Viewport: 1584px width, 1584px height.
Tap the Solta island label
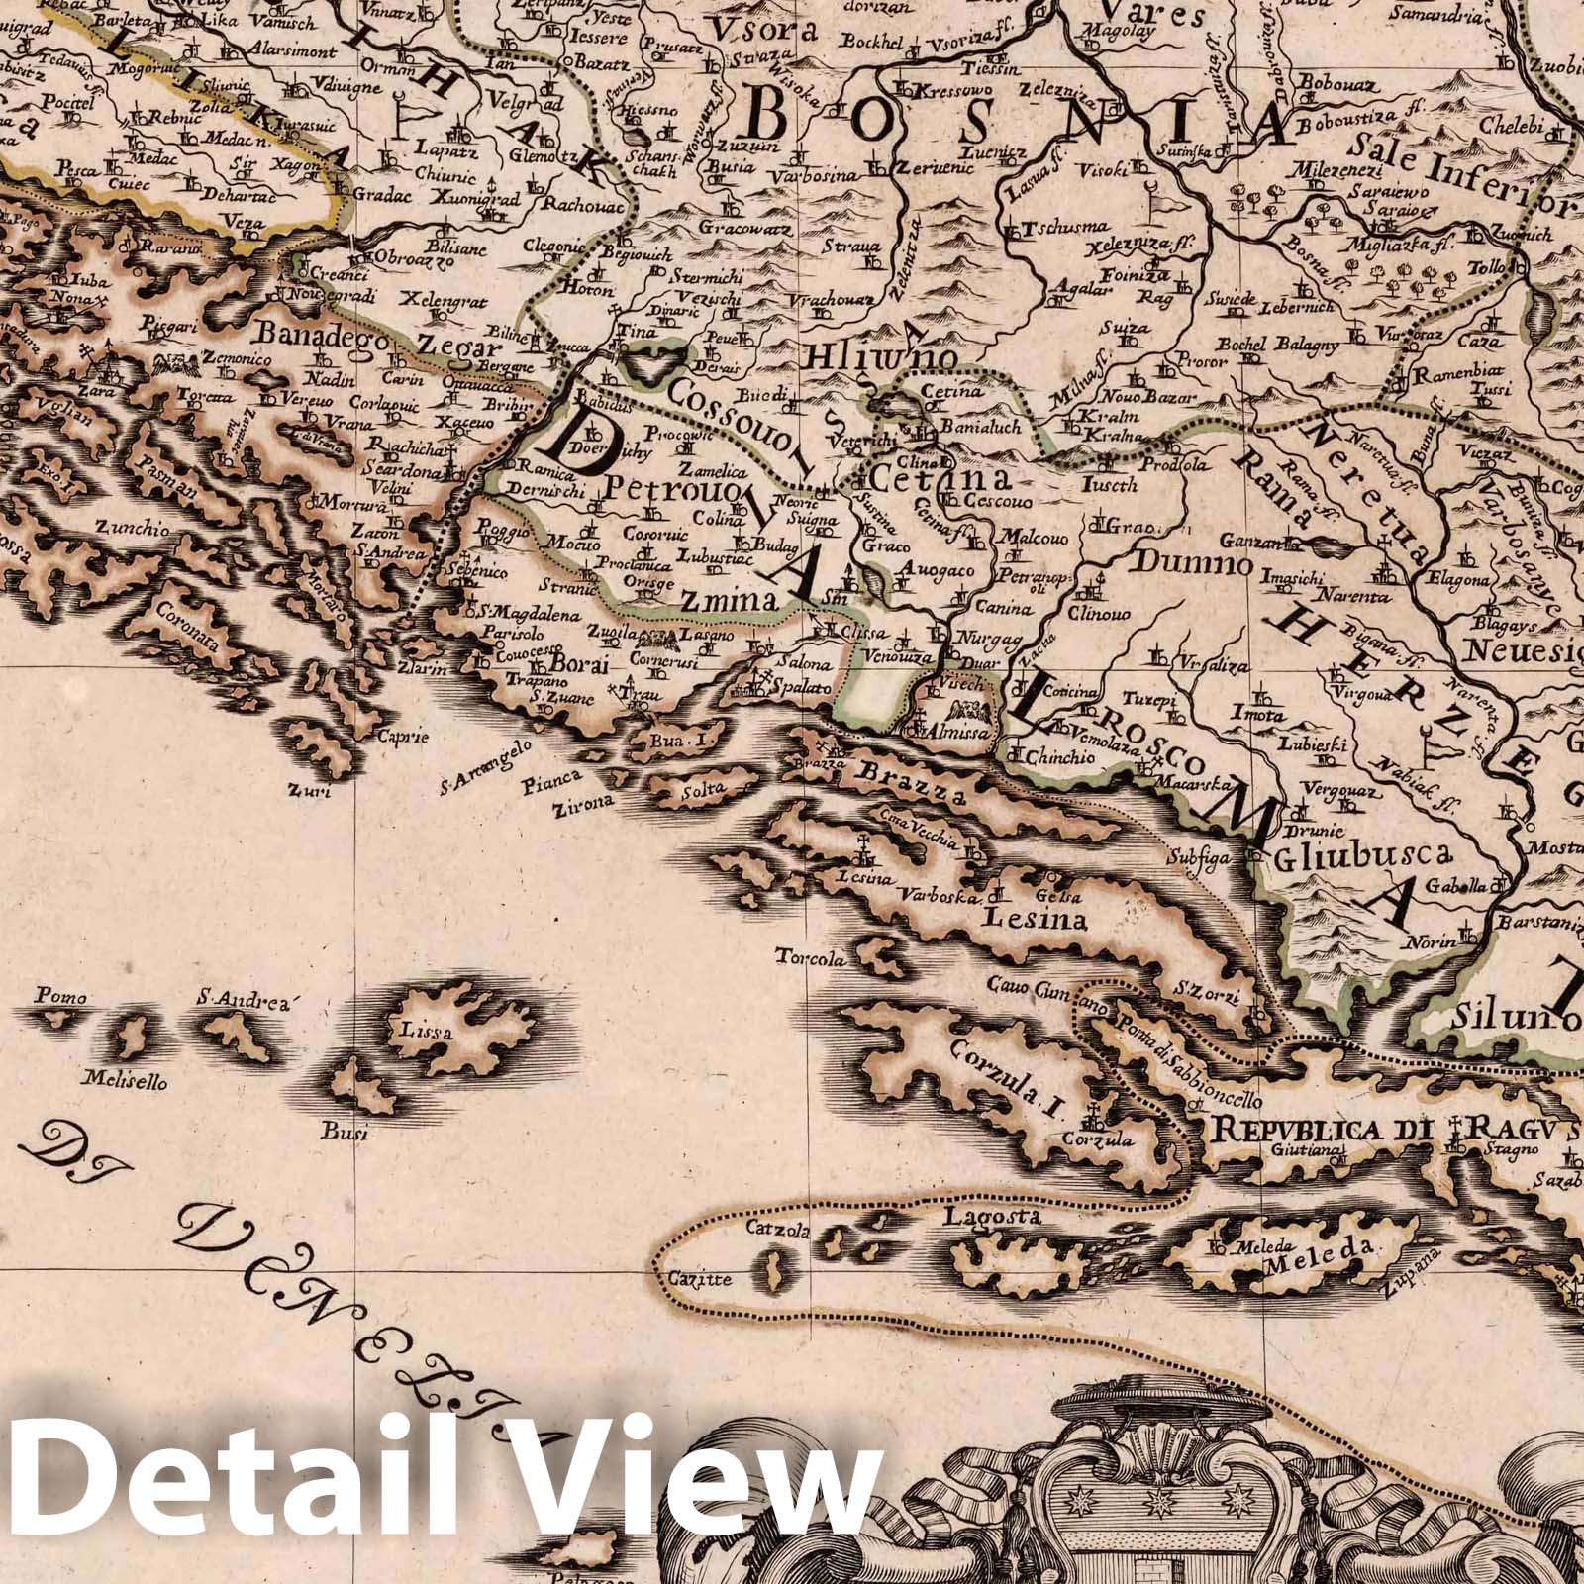tap(706, 788)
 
